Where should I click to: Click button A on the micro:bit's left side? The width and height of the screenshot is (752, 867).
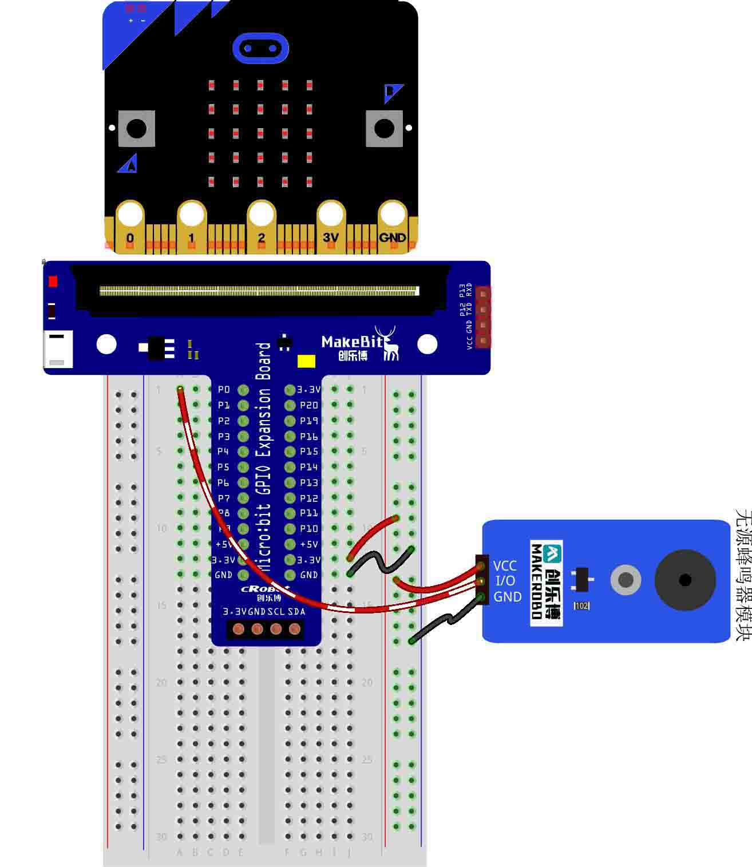coord(136,128)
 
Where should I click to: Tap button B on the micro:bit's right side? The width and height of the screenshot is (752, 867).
coord(384,128)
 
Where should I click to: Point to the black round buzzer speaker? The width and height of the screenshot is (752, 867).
coord(685,580)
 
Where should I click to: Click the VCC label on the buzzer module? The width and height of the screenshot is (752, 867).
coord(505,566)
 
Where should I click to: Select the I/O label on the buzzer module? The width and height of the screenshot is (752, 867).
coord(505,581)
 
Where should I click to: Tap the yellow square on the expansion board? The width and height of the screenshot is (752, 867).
coord(306,361)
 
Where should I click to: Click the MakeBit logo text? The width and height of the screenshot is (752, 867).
coord(351,342)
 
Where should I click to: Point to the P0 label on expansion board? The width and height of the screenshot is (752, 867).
coord(224,390)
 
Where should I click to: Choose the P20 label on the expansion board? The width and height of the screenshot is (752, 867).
coord(309,405)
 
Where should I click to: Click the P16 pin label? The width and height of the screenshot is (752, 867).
coord(309,436)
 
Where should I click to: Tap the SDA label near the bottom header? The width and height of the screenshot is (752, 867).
coord(296,611)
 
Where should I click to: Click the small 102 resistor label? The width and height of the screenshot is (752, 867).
coord(581,605)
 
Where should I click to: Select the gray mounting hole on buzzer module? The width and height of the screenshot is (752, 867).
coord(626,580)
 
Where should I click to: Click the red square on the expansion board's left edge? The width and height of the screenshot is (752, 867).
coord(53,282)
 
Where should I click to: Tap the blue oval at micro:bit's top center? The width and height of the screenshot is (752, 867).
coord(260,48)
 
